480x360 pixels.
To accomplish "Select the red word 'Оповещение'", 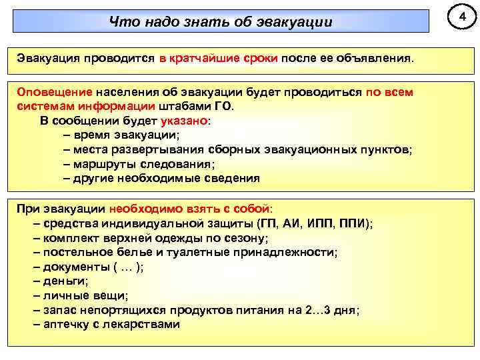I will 55,92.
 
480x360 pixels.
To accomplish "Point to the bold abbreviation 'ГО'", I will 223,107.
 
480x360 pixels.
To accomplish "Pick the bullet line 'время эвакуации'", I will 117,135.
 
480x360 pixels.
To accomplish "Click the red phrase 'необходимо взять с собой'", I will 190,209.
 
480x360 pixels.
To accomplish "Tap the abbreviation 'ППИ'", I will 353,223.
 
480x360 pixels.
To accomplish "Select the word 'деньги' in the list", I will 64,281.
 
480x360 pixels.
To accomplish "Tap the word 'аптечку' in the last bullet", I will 65,325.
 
